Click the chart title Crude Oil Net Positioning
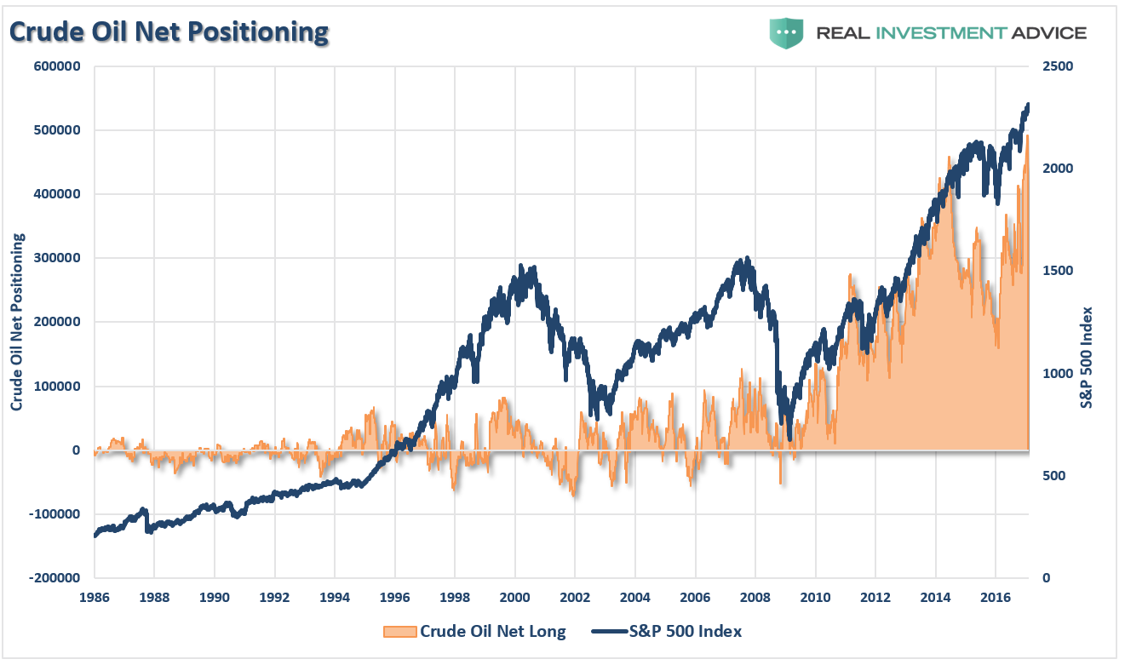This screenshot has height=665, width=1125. [169, 32]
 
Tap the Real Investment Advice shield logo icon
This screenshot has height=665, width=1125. [787, 32]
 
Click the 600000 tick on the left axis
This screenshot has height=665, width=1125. [57, 66]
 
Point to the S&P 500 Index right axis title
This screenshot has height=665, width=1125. [1086, 358]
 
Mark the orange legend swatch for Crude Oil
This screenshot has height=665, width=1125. [399, 631]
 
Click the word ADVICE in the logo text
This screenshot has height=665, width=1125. [1047, 33]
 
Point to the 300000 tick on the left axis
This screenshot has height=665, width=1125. [57, 258]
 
